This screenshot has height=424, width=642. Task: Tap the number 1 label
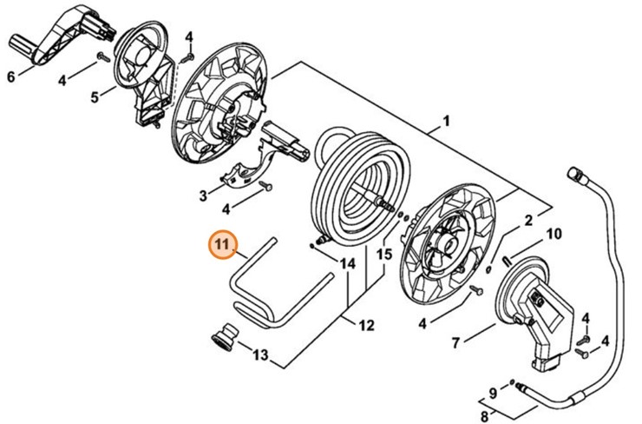446,121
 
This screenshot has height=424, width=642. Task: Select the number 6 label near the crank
11,77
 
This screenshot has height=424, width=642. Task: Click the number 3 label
203,193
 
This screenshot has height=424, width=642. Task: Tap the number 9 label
492,393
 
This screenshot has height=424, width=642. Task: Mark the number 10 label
554,234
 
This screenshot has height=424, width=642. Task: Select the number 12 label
367,326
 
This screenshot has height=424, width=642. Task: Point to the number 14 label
348,263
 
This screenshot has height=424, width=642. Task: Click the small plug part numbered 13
226,337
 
